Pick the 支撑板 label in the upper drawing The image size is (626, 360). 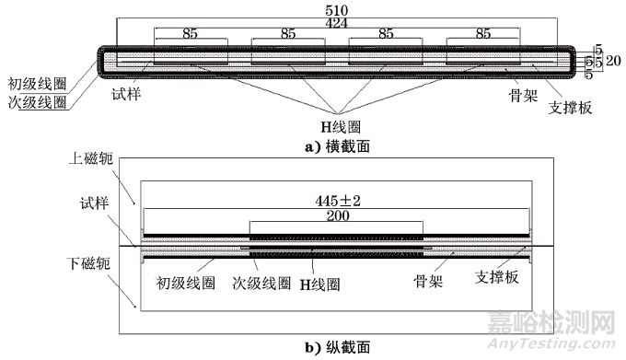568,107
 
